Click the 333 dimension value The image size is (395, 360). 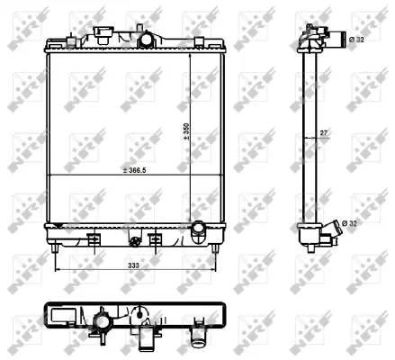(132, 266)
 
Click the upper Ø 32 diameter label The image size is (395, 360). (355, 40)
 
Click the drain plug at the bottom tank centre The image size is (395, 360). (135, 241)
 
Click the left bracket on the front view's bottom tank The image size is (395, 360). (93, 240)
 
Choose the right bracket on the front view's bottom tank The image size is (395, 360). (155, 240)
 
